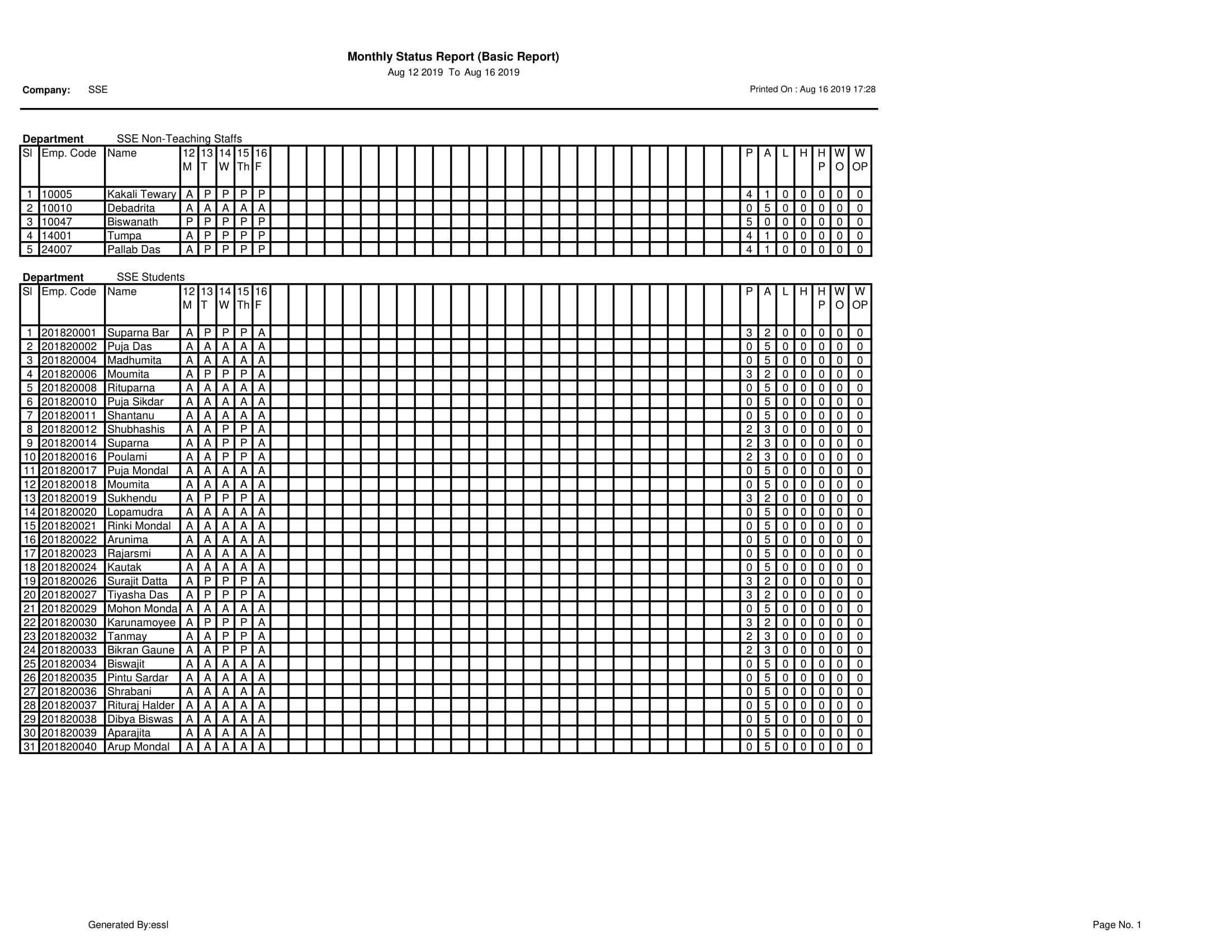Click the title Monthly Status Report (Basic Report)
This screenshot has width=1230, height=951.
tap(453, 57)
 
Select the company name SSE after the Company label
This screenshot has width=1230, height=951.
tap(98, 90)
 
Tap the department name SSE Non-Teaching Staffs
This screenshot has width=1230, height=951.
tap(179, 139)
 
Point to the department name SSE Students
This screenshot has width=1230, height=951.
tap(150, 277)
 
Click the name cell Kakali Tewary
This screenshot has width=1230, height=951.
tap(141, 194)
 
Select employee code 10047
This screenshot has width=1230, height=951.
tap(57, 222)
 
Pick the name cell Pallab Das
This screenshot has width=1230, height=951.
tap(134, 249)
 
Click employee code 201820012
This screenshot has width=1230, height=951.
tap(69, 429)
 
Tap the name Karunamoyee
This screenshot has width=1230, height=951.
tap(141, 623)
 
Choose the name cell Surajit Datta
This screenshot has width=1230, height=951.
tap(138, 581)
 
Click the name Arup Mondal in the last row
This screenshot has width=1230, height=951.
tap(138, 747)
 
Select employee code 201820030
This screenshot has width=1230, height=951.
tap(69, 623)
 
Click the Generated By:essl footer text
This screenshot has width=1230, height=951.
tap(129, 925)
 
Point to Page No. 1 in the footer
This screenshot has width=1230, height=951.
tap(1117, 925)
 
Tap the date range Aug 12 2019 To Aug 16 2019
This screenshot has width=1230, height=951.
tap(453, 73)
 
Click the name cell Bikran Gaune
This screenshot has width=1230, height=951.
tap(141, 650)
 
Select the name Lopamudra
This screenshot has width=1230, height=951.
tap(135, 512)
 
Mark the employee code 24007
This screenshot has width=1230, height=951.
tap(57, 249)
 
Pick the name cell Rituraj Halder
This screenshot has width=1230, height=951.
tap(141, 705)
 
